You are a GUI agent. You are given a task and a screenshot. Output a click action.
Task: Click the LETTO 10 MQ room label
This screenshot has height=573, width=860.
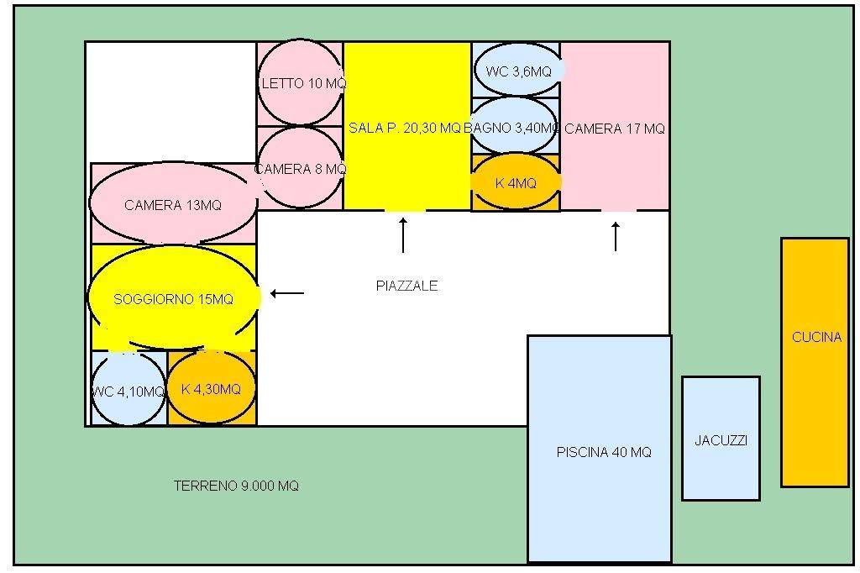coord(304,83)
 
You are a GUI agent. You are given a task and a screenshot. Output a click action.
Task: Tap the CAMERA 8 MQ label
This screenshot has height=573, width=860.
coord(301,169)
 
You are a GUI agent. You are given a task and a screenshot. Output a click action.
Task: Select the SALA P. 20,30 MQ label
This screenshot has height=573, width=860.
coord(405,128)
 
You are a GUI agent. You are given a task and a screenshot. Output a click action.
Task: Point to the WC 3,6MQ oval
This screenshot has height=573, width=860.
coord(517,71)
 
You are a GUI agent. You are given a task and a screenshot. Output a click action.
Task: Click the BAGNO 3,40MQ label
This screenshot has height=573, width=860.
coord(511,128)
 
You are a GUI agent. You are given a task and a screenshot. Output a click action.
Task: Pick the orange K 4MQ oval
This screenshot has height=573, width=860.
coord(516,181)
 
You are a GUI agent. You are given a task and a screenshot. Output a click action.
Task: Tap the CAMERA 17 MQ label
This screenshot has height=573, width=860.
coord(614,129)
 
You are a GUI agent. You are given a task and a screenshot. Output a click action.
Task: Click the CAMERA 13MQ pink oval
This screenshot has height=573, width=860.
coord(173,203)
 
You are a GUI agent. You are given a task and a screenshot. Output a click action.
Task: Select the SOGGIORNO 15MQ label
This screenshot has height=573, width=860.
coord(173,299)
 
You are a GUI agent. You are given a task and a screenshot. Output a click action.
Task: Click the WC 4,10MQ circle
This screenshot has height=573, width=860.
coord(128,389)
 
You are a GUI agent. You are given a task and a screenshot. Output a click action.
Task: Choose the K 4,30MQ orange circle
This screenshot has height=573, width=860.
coord(211,387)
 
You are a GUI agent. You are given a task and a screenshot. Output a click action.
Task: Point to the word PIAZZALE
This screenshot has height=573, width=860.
coord(407,286)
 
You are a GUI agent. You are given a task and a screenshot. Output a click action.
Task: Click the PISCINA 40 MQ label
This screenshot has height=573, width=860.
coord(604,452)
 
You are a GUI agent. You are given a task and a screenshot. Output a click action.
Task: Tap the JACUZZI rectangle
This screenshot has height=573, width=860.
coord(721,439)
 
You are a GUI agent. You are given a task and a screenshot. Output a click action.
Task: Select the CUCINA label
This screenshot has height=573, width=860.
coord(816,337)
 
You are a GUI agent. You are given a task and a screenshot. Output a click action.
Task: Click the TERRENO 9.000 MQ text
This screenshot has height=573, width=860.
coord(236,486)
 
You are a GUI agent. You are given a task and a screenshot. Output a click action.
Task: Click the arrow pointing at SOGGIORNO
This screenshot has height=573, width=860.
coord(287,293)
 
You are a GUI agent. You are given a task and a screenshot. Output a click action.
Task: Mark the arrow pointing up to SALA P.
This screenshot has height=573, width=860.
coord(403,235)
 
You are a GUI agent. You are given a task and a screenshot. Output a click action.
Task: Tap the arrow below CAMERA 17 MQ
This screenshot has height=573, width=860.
coord(616,236)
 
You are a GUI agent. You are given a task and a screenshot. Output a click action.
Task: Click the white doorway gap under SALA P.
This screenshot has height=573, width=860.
coord(405,210)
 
